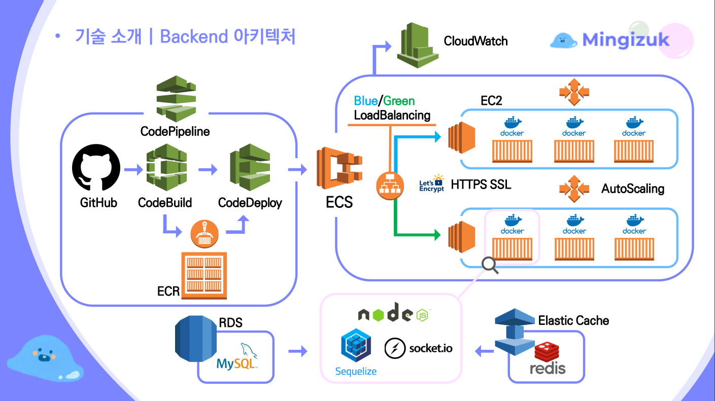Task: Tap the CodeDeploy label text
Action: [x=250, y=203]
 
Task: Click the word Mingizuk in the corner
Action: [x=626, y=40]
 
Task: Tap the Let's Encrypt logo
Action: [x=431, y=185]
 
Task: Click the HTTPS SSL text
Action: [x=481, y=185]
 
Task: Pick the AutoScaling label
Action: [x=632, y=189]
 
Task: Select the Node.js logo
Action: [x=394, y=313]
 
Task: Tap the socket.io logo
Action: [x=418, y=348]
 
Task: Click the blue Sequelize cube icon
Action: [x=356, y=345]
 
